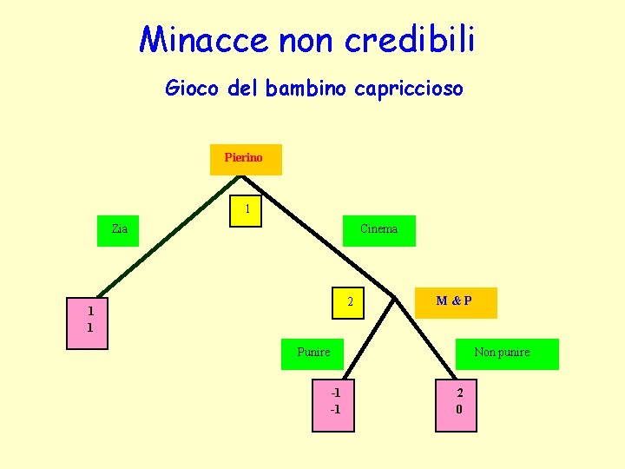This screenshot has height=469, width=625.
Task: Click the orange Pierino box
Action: (x=246, y=159)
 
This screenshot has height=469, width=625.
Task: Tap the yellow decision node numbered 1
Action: (x=247, y=209)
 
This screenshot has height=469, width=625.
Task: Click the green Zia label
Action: (x=119, y=230)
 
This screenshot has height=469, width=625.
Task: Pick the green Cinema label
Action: (x=378, y=230)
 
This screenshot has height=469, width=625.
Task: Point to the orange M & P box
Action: (x=454, y=301)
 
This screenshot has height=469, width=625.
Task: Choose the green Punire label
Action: (x=314, y=353)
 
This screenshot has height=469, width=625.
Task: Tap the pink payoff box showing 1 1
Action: (x=89, y=320)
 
